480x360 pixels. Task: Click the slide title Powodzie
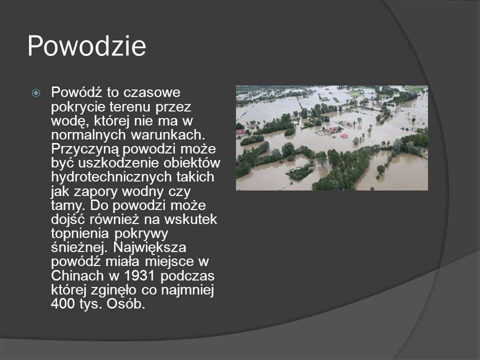coord(86,46)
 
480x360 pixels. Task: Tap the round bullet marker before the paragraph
coord(36,93)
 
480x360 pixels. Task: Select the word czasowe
coord(155,92)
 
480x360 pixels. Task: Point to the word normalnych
coord(88,135)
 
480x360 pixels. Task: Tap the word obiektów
coord(192,163)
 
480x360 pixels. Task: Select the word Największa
coord(149,247)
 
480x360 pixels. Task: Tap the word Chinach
coord(77,275)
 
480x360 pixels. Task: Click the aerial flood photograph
coord(332,138)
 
